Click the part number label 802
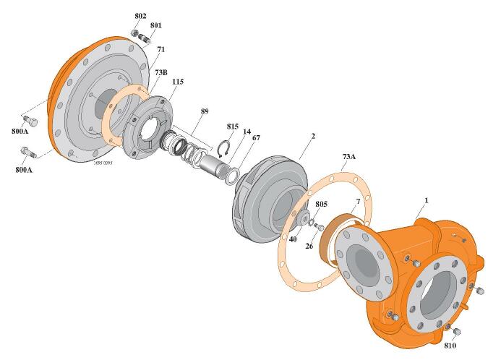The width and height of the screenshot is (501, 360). point(140,16)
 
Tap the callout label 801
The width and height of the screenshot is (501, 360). point(155,25)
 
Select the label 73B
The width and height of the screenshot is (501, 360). point(161,72)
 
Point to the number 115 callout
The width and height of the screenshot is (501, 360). point(178,82)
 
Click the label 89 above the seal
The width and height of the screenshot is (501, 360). point(205,111)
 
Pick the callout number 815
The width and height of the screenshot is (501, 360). point(233,127)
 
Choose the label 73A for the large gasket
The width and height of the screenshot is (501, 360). point(349,157)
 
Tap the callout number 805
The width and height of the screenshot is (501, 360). point(322,204)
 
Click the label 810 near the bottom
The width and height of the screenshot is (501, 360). point(450,346)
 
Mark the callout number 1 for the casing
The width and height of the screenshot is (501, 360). point(426,200)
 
